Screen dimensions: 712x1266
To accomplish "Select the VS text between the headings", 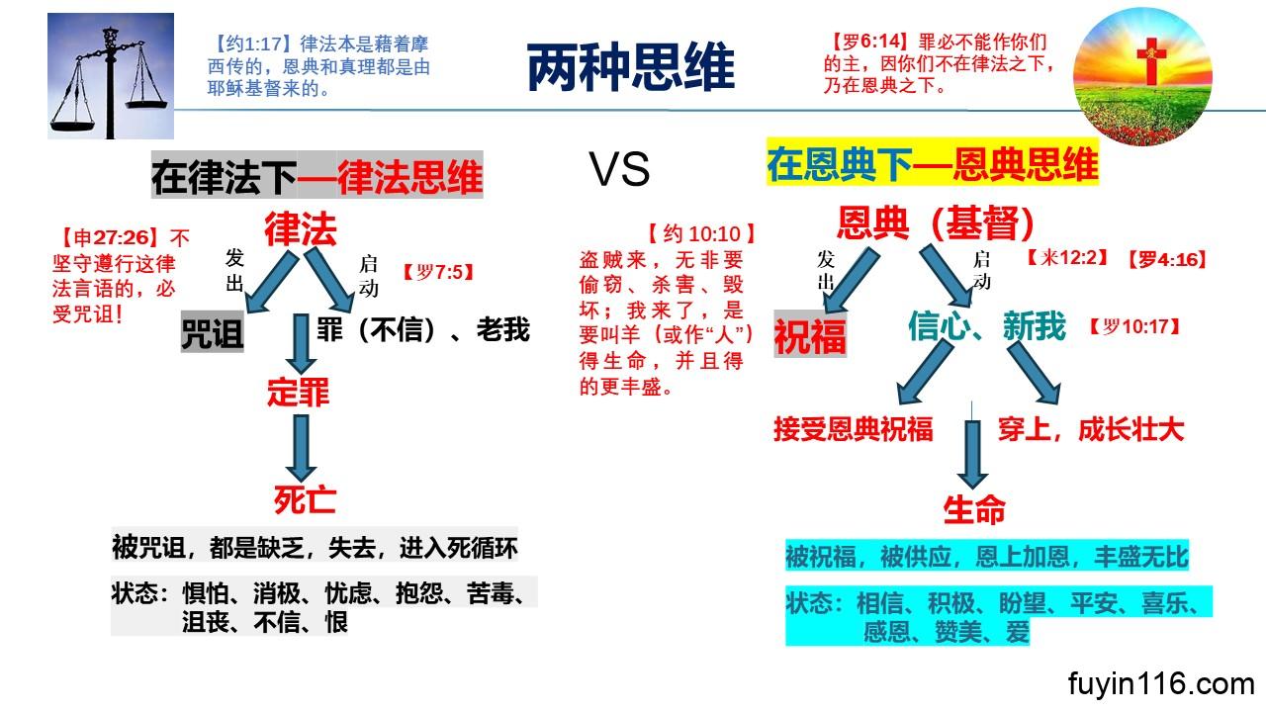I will click(x=620, y=171).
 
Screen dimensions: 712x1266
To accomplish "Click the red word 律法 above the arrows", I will click(x=300, y=230).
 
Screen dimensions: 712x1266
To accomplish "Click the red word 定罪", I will click(x=298, y=393).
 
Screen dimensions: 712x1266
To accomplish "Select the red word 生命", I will click(x=974, y=509).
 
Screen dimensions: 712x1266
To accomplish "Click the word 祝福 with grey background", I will click(x=809, y=336).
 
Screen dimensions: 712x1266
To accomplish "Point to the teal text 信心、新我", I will click(x=987, y=326).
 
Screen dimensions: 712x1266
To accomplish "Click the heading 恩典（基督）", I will click(x=935, y=223).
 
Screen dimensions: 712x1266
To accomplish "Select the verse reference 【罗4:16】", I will click(x=1167, y=260).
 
